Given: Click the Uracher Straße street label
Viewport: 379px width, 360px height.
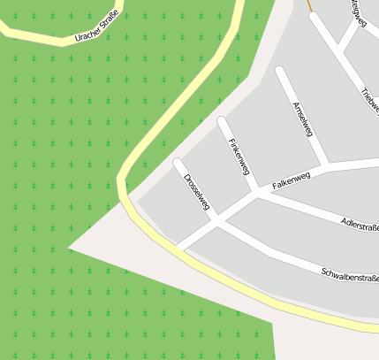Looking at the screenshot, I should pyautogui.click(x=96, y=27).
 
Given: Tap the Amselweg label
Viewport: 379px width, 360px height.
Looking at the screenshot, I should pyautogui.click(x=302, y=118).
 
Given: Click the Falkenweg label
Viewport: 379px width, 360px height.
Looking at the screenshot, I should pyautogui.click(x=292, y=182).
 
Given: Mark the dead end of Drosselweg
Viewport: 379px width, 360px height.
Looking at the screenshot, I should pyautogui.click(x=178, y=162).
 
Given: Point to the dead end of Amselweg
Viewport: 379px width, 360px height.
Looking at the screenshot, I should pyautogui.click(x=281, y=71).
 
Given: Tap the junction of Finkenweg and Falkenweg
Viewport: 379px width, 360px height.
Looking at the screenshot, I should pyautogui.click(x=256, y=190).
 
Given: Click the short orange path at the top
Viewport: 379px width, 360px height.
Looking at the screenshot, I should pyautogui.click(x=310, y=6).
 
